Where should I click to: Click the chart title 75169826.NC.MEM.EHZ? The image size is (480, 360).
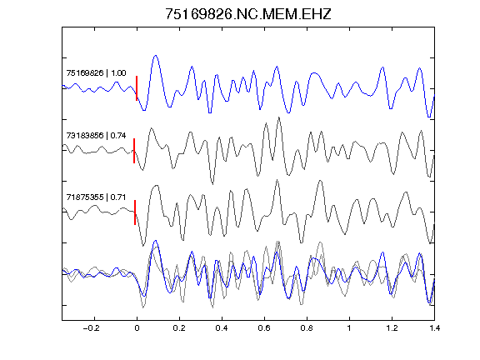point(248,14)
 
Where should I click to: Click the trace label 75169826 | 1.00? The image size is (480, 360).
point(96,73)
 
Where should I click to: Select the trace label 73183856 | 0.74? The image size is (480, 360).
point(96,135)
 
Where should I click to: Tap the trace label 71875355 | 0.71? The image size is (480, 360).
point(96,197)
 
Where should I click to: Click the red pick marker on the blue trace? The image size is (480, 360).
point(137,88)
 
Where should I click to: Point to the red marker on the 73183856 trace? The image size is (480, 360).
point(134,151)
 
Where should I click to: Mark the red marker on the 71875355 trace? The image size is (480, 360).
point(135,212)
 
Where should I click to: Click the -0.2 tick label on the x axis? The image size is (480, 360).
point(92,328)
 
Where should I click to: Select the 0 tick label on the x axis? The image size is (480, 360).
point(137,328)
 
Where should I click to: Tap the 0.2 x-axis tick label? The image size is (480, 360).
point(179,328)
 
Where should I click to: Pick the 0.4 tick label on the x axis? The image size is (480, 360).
point(222,328)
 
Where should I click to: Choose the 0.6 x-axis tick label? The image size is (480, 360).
point(264,328)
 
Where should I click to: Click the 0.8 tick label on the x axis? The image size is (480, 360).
point(307,328)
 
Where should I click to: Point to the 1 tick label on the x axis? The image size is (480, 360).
point(349,328)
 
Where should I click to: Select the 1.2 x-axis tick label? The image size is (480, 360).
point(392,328)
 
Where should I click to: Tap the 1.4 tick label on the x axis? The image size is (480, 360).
point(434,328)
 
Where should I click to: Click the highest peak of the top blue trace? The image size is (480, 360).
point(156,56)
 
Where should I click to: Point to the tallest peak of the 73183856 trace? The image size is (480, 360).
point(278,117)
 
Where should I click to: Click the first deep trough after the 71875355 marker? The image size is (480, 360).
point(143,245)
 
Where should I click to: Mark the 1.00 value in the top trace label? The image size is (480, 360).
point(118,73)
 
